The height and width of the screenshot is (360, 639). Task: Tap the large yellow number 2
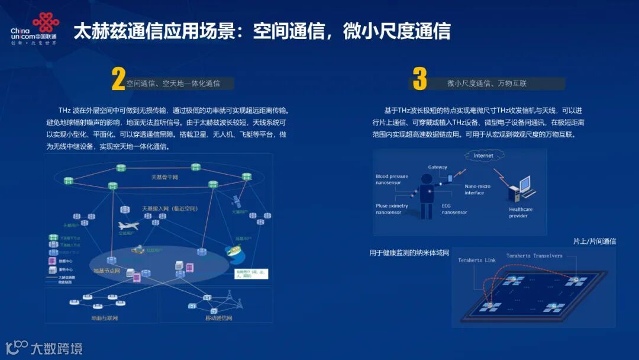pos(118,80)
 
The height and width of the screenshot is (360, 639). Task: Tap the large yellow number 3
pos(419,79)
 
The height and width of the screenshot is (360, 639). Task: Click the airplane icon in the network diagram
pos(128,226)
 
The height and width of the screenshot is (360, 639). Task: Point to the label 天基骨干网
pos(164,177)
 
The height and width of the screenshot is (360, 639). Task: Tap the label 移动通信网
pos(219,319)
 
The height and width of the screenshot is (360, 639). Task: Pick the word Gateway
pos(438,168)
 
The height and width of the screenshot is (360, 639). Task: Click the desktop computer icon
pos(522,190)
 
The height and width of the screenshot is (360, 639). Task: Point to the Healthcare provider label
pos(521,213)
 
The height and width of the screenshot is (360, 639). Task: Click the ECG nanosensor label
pos(454,209)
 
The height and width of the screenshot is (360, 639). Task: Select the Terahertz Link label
pos(477,260)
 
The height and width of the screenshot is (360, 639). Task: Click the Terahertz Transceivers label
pos(534,256)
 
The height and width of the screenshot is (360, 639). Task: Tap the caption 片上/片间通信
pos(594,241)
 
